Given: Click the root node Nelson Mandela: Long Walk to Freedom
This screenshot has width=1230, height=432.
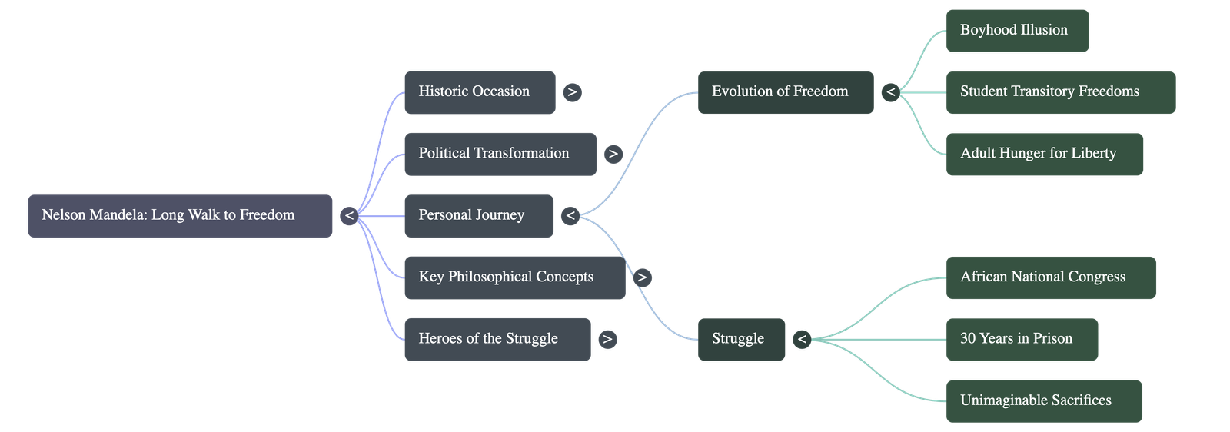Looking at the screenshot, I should coord(180,216).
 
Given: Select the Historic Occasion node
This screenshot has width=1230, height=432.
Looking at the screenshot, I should coord(479,92).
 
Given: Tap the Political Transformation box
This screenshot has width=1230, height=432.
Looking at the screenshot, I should coord(500,154).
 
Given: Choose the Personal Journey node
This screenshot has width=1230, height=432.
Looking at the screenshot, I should coord(477,216).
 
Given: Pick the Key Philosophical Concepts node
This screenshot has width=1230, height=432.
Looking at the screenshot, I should coord(514,277).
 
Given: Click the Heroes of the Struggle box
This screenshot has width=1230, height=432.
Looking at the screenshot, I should coord(497,339).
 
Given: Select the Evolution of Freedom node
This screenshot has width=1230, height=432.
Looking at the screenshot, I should coord(785,92).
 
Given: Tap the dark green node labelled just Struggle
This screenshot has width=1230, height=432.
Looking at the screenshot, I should coord(741,339).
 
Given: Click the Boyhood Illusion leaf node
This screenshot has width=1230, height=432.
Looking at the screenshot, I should coord(1016,31).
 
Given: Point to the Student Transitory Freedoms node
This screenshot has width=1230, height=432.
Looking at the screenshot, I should coord(1060,92).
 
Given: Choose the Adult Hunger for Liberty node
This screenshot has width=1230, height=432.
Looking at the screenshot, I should coord(1044,154).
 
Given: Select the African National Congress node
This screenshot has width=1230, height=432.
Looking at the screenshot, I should coord(1050,277).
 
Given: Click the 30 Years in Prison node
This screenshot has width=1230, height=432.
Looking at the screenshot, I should coord(1022,339).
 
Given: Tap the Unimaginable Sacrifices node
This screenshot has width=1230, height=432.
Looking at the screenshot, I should coord(1043,400).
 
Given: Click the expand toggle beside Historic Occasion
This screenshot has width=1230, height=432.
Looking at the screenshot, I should coord(572,92).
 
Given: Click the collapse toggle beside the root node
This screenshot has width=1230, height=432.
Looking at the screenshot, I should coord(349,216).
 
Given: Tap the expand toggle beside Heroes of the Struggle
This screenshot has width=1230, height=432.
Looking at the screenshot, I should coord(607,339).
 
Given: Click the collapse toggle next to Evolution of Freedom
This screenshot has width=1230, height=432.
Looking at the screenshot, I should coord(890,92).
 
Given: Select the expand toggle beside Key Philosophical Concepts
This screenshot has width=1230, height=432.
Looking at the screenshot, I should coord(643,277).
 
